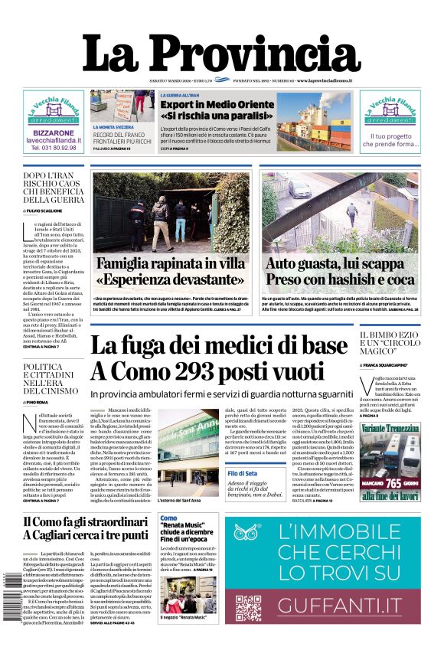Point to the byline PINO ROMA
(x=38, y=401)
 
